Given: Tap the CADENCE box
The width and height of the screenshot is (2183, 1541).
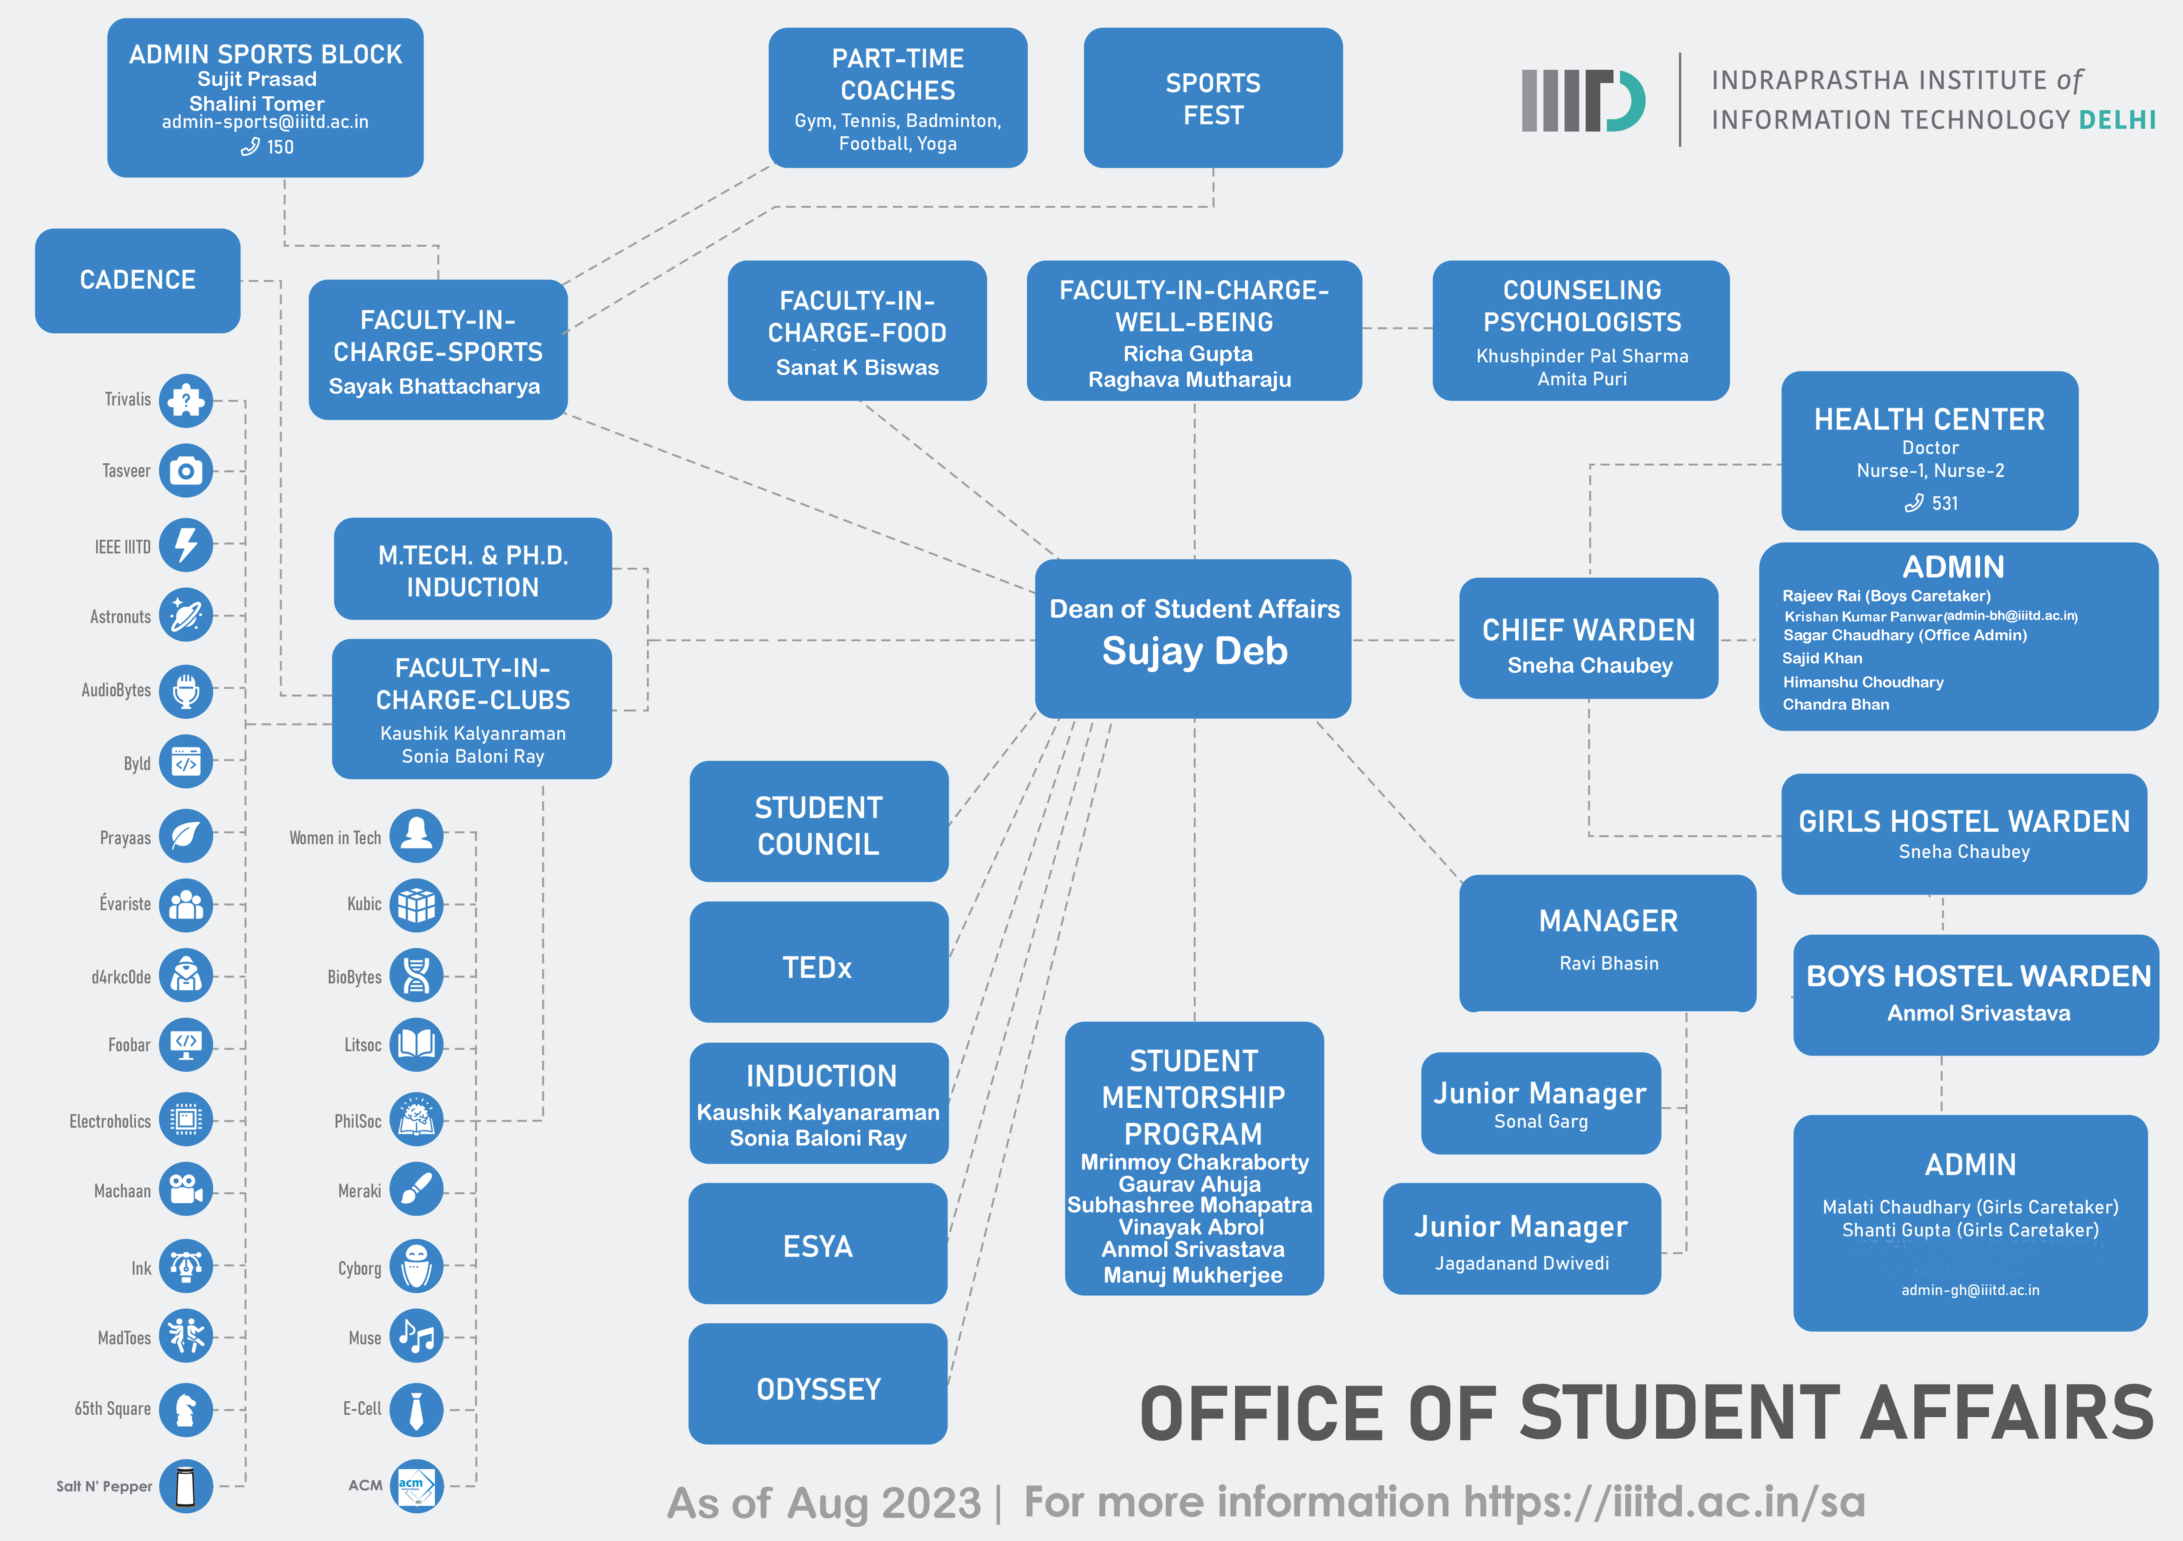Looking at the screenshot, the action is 138,280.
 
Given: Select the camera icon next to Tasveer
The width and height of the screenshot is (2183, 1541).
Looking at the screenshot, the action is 186,470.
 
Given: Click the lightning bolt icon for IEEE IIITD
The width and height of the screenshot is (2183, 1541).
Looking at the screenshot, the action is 186,545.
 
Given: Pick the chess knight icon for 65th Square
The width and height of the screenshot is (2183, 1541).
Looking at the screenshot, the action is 186,1409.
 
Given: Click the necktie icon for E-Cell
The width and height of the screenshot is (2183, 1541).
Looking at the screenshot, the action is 416,1409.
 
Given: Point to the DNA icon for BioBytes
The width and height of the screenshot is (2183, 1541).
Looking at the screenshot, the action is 416,976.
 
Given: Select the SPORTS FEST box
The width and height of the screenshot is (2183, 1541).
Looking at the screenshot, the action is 1213,98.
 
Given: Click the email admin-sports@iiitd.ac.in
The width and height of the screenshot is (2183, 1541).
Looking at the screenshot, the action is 265,122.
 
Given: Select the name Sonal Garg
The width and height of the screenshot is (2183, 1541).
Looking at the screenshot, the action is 1541,1122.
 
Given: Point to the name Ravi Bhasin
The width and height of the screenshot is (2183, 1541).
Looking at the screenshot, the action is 1609,963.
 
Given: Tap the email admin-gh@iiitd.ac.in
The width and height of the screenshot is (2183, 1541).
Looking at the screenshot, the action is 1970,1290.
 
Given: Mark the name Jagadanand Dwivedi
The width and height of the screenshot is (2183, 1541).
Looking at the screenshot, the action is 1522,1264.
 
